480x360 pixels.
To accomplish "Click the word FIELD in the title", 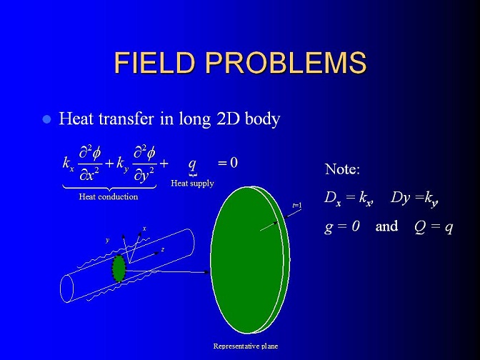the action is tap(154, 62).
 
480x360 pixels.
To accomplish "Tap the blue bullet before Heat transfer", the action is tap(46, 119).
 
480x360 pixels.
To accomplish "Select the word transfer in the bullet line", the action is tap(126, 119).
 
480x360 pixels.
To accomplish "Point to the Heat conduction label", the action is tap(109, 196).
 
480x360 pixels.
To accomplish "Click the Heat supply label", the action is tap(192, 184).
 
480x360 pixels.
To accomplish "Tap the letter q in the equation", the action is tap(192, 165).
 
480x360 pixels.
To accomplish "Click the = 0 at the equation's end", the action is tap(227, 163).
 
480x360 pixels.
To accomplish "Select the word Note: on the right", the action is tap(342, 169).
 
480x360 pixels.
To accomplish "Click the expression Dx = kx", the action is tap(349, 199).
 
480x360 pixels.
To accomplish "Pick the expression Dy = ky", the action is tap(414, 199).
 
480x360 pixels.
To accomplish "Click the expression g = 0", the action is tap(341, 227).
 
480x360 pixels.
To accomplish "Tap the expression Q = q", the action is tap(434, 227).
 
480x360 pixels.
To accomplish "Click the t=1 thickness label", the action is tap(297, 206).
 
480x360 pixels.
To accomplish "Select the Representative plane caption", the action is tap(246, 346).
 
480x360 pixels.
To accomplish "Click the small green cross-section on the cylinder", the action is tap(119, 268).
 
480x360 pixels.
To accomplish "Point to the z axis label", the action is tap(163, 250).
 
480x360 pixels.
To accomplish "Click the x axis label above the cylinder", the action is tap(144, 229).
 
